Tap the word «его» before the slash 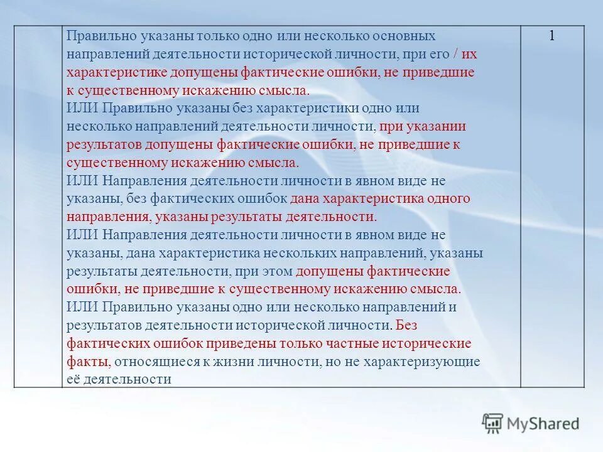pyautogui.click(x=438, y=54)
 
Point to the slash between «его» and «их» pyautogui.click(x=455, y=54)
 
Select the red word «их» pyautogui.click(x=469, y=54)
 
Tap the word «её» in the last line pyautogui.click(x=74, y=380)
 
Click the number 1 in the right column pyautogui.click(x=552, y=36)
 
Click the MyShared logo pyautogui.click(x=530, y=424)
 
